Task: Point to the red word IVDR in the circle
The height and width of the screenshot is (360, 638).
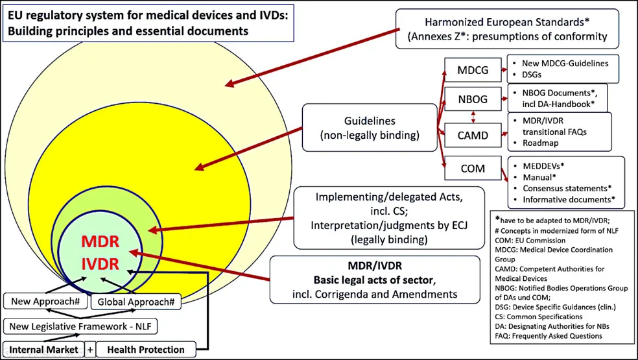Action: [99, 264]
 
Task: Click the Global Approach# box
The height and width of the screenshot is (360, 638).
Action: [135, 302]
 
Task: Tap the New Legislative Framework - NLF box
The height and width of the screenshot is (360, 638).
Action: [80, 326]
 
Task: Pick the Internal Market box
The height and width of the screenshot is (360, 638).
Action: [43, 350]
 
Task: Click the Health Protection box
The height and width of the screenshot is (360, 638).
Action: [145, 350]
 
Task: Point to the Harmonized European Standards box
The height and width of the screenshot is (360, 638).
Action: [507, 29]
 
